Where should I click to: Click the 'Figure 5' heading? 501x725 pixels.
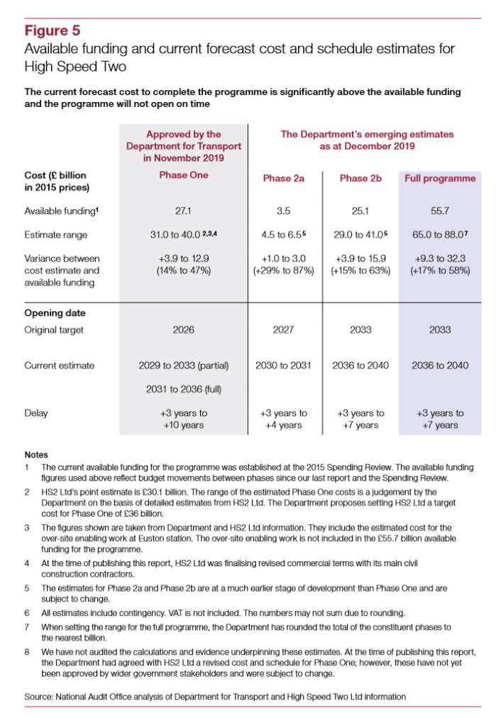click(x=53, y=30)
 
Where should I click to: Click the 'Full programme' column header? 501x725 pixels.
click(x=440, y=179)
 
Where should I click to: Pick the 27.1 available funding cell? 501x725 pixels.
click(x=184, y=210)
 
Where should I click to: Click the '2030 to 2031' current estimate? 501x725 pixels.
click(x=283, y=366)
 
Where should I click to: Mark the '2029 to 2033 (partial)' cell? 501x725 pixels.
click(x=184, y=366)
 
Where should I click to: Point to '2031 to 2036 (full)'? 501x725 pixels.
click(x=184, y=389)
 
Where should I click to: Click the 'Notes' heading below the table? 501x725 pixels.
click(x=35, y=454)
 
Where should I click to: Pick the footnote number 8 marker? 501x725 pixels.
click(x=26, y=651)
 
